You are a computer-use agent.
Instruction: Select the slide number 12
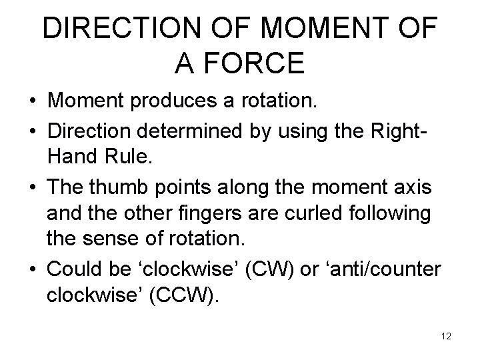(446, 336)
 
